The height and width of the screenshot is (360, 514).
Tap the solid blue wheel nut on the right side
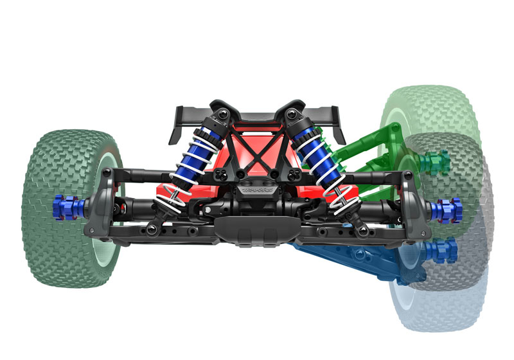[x=447, y=208]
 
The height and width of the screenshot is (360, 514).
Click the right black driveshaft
[x=373, y=208]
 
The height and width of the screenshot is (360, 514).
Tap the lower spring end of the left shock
[x=172, y=193]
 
